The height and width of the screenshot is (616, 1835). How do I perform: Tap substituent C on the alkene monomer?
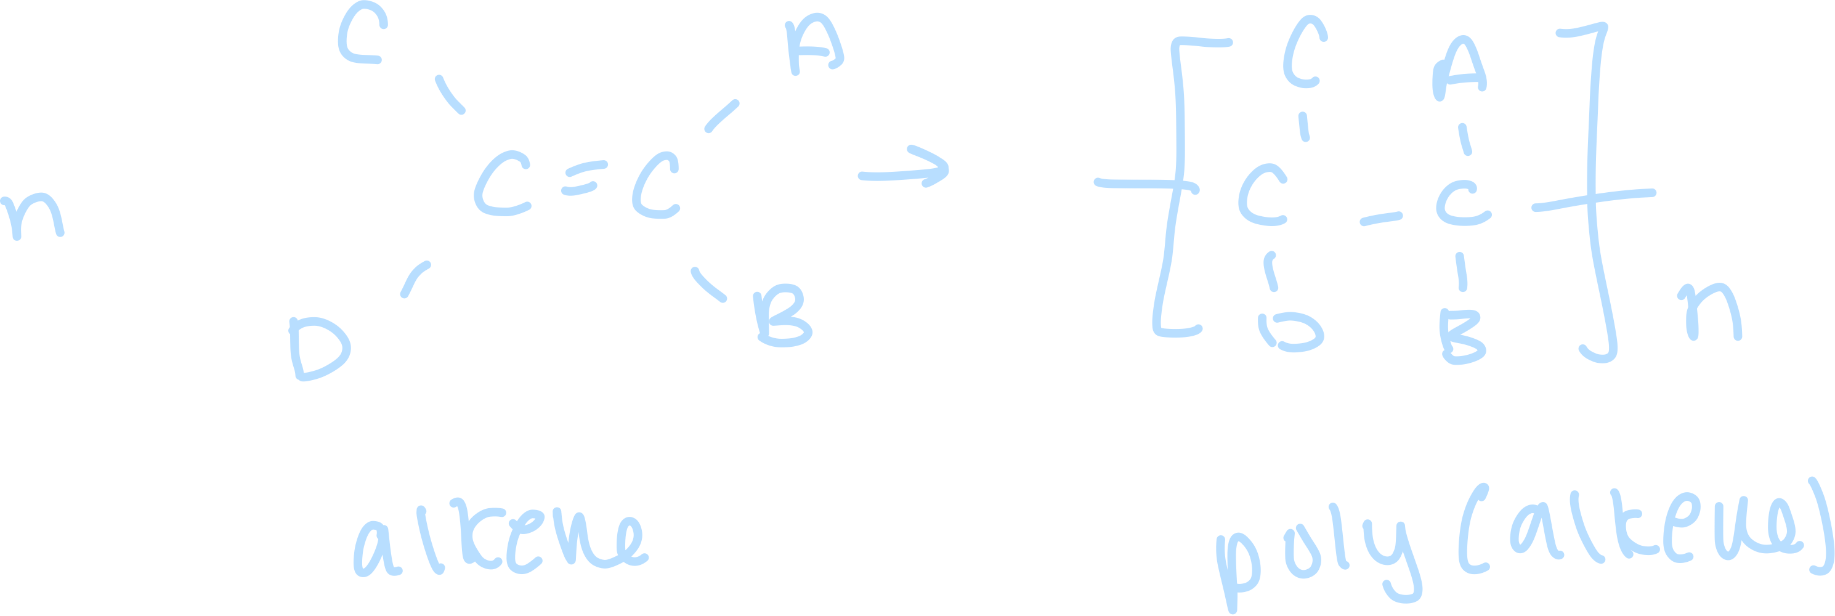tap(362, 39)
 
